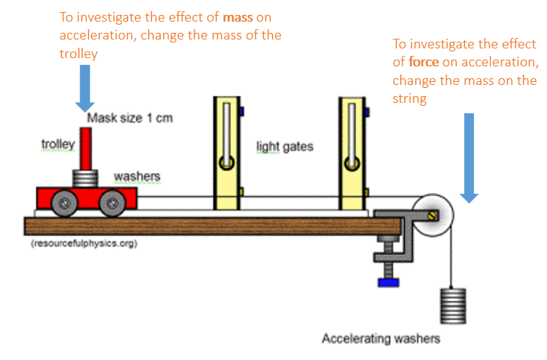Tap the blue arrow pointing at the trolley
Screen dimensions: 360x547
84,86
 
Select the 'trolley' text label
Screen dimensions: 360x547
57,144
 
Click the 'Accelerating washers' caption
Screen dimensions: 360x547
381,338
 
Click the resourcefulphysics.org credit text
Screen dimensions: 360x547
83,244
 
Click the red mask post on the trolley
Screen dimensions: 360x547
86,149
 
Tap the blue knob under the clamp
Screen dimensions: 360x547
385,282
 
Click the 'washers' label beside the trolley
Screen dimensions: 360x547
137,177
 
